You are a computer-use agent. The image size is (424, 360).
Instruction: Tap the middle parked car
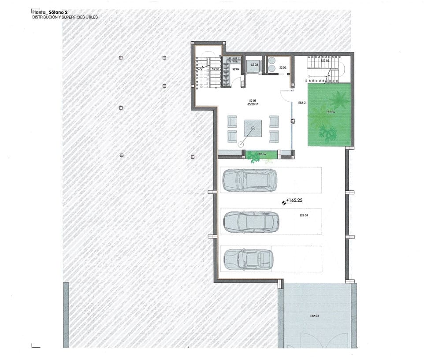251,222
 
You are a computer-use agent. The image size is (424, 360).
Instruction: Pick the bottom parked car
248,259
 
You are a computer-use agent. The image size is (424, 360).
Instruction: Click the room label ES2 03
304,215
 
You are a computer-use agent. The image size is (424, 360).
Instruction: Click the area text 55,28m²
253,105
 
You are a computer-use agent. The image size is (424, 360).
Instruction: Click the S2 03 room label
254,65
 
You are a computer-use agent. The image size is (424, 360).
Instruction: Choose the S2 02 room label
283,67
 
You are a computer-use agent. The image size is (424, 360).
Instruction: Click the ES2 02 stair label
325,61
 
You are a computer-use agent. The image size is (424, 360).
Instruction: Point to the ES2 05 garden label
331,112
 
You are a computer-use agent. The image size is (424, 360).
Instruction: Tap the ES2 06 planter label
262,154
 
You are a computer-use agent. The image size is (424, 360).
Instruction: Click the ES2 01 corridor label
302,103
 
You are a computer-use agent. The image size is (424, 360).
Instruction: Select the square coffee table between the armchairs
253,130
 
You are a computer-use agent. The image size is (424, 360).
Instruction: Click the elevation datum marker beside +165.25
283,202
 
